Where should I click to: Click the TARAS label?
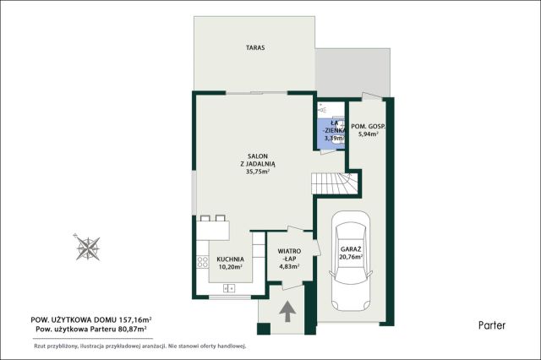[x=255, y=47]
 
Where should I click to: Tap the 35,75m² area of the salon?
[x=258, y=172]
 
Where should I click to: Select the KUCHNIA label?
[x=230, y=259]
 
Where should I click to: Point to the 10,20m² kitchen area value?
[x=230, y=266]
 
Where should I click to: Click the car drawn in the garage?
[x=351, y=261]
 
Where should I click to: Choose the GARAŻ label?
[x=351, y=249]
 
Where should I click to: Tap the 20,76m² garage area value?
[x=351, y=257]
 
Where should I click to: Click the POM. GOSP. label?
[x=368, y=127]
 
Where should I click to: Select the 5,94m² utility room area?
[x=369, y=134]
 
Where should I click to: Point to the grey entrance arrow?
[x=287, y=311]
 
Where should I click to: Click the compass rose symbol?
[x=88, y=248]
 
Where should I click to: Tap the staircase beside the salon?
[x=335, y=183]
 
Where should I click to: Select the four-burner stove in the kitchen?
[x=203, y=263]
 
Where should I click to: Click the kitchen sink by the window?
[x=229, y=288]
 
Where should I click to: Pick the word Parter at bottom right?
[x=492, y=325]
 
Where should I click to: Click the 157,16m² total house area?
[x=135, y=319]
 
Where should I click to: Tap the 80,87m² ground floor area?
[x=133, y=329]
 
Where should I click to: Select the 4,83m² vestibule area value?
[x=289, y=266]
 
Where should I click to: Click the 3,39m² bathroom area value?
[x=334, y=139]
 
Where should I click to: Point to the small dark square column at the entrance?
[x=264, y=329]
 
